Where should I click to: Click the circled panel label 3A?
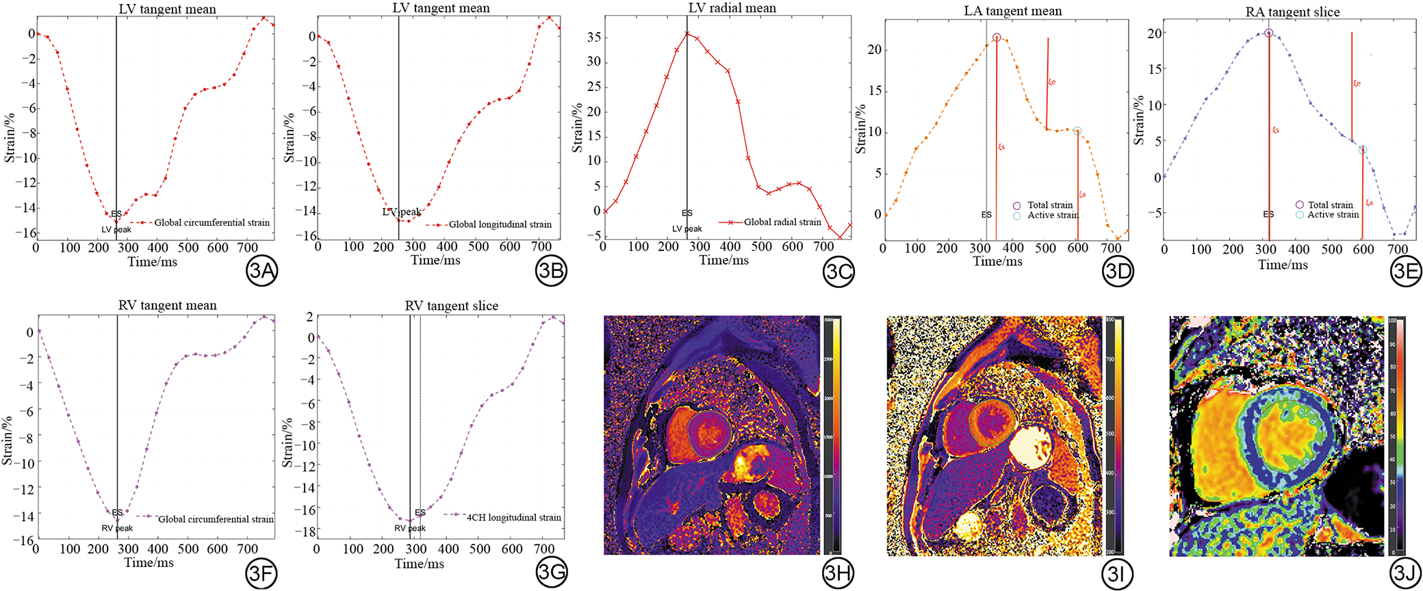pyautogui.click(x=261, y=272)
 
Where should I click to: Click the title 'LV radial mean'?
pyautogui.click(x=732, y=8)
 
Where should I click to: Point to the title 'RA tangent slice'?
pyautogui.click(x=1292, y=12)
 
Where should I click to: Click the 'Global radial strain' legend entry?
pyautogui.click(x=782, y=222)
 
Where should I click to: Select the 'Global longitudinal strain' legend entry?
pyautogui.click(x=500, y=224)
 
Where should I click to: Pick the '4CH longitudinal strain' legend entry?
pyautogui.click(x=513, y=518)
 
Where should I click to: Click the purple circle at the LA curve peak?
pyautogui.click(x=997, y=38)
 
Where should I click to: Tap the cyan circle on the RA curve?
pyautogui.click(x=1363, y=150)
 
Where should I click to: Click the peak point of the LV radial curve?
pyautogui.click(x=687, y=33)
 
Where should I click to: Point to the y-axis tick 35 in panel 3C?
pyautogui.click(x=593, y=37)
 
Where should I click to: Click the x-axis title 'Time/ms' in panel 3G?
pyautogui.click(x=419, y=564)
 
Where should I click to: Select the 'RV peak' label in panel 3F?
pyautogui.click(x=117, y=527)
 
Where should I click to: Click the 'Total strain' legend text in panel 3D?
pyautogui.click(x=1049, y=205)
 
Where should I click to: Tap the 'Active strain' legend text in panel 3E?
pyautogui.click(x=1333, y=214)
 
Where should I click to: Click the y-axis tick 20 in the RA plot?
pyautogui.click(x=1154, y=33)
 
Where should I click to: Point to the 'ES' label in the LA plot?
pyautogui.click(x=986, y=214)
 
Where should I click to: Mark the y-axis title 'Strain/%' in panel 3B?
pyautogui.click(x=290, y=137)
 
